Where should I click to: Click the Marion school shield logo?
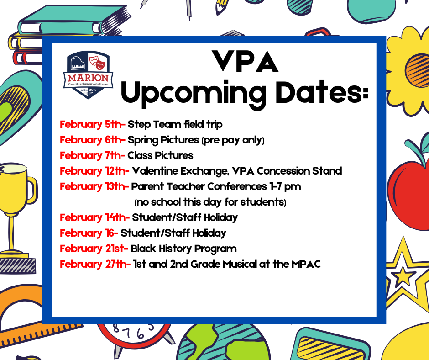(x=89, y=74)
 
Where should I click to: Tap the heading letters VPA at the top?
(x=246, y=61)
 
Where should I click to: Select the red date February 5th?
(x=93, y=125)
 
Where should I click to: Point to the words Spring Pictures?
(x=163, y=140)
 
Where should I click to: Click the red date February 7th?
(x=92, y=156)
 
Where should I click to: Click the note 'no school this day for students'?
(x=210, y=202)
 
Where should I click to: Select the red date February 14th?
(x=94, y=218)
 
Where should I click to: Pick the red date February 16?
(x=89, y=233)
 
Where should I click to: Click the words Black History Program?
(x=183, y=249)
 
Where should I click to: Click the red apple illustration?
(x=409, y=192)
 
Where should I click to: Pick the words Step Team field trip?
(x=175, y=125)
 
